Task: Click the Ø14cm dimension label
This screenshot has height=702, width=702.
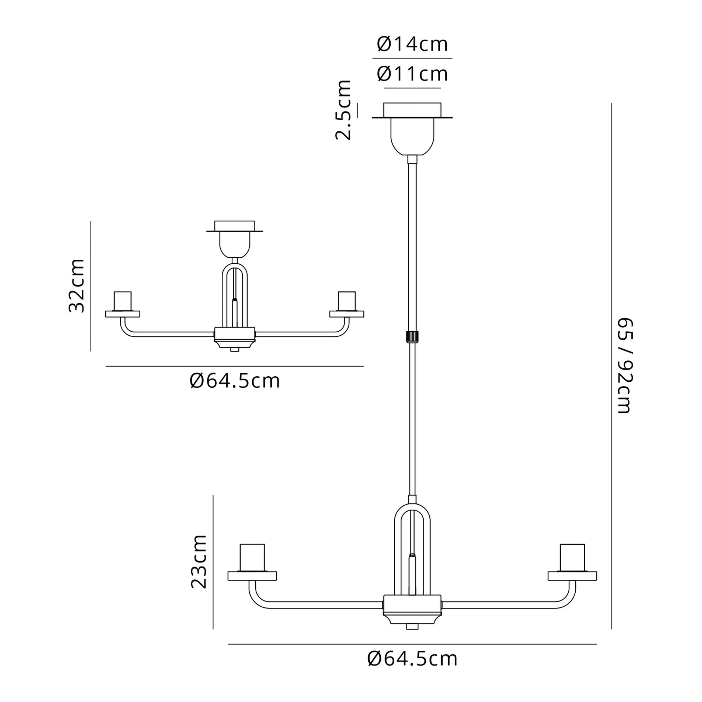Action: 412,44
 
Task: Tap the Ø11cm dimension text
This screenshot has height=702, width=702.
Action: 412,74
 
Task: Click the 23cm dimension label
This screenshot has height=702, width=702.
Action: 199,561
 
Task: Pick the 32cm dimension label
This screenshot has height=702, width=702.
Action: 77,286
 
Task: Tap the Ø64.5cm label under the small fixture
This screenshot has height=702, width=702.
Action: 235,381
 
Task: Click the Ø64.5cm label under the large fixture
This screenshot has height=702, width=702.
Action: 413,659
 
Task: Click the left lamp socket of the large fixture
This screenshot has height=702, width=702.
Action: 252,557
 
